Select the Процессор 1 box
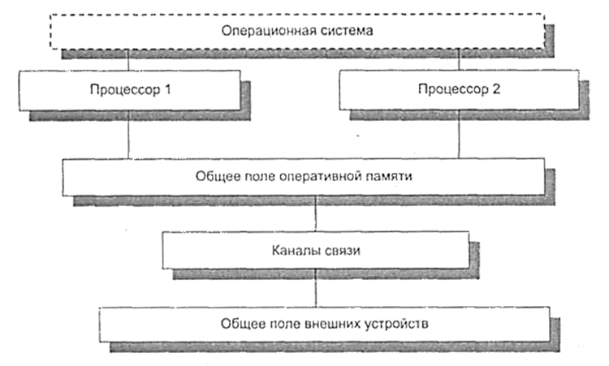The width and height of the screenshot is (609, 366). coord(129,87)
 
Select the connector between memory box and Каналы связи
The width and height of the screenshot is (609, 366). coord(315,213)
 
